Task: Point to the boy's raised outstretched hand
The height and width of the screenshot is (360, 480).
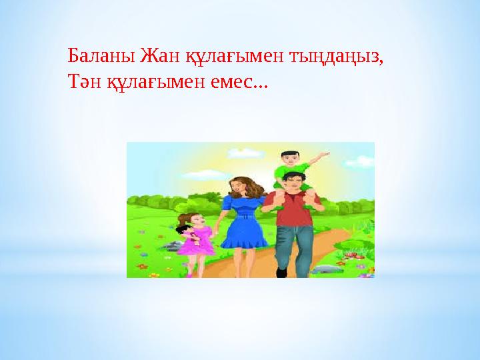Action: (x=324, y=155)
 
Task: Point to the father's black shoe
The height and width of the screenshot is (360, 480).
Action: (x=281, y=273)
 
